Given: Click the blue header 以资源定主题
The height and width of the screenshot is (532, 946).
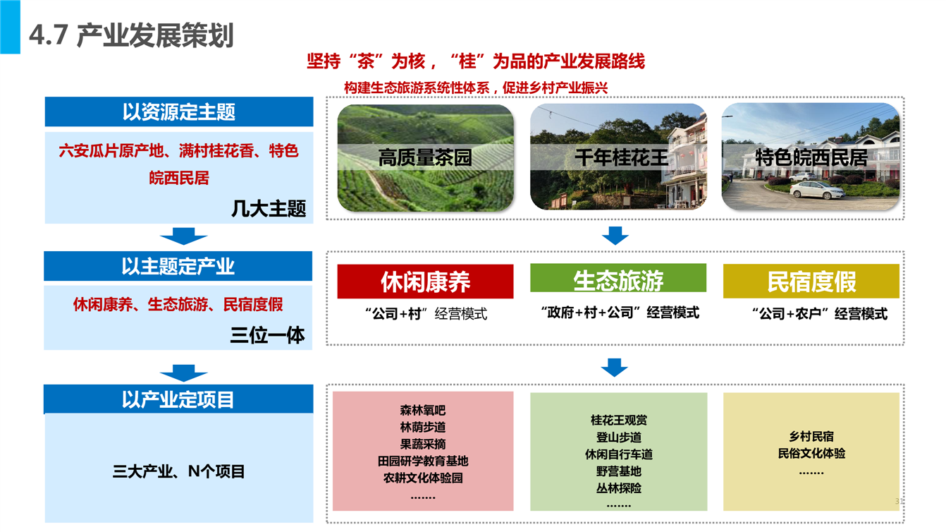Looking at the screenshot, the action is click(179, 111).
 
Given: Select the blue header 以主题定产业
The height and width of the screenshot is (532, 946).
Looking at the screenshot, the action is click(178, 266).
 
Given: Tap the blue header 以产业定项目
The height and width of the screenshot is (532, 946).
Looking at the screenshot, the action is click(178, 399).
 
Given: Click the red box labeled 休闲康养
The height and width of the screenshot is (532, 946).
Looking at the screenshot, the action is click(425, 282).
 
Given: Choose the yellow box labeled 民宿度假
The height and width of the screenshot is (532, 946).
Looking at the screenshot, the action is click(811, 281).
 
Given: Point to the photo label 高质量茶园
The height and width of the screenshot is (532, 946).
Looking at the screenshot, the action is click(425, 157).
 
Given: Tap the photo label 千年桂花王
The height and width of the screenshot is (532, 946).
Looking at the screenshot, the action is click(621, 157).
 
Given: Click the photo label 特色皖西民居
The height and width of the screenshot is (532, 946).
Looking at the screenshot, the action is click(811, 157).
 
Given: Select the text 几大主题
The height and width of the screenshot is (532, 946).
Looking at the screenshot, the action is click(269, 209).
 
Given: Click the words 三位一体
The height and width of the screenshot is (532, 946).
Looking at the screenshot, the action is click(267, 336).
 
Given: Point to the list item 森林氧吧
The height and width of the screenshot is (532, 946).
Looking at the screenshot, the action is click(423, 411).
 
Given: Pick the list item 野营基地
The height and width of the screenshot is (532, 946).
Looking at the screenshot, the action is click(619, 471).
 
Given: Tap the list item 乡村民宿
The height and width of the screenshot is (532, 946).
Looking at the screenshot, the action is click(811, 436).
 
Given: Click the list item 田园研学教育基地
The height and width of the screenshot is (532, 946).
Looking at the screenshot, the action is click(423, 461).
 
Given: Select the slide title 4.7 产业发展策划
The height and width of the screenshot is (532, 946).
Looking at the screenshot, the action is click(131, 35).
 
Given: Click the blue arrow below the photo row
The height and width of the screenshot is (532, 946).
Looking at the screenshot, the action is click(615, 236).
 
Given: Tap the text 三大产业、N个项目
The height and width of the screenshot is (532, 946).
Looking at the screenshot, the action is click(178, 471).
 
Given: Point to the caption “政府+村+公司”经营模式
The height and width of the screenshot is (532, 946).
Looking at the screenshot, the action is click(620, 313).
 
